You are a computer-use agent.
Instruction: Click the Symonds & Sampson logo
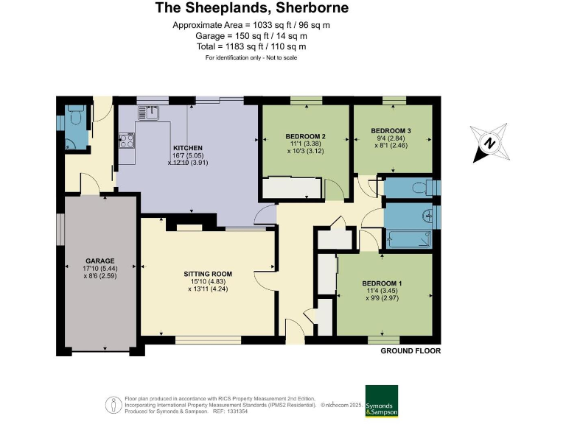tap(381, 401)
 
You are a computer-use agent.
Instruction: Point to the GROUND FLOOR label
tap(410, 351)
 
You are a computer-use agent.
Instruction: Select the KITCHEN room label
tap(187, 148)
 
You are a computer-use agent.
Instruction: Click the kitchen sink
tap(153, 112)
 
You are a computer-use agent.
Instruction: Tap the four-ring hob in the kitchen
tap(126, 140)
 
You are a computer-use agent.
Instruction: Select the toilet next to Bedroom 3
tap(422, 188)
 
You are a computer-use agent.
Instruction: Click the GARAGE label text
tap(100, 261)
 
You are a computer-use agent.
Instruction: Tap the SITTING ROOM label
tap(208, 273)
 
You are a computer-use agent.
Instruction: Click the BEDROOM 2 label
tap(305, 136)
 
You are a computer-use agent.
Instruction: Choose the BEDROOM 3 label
tap(391, 130)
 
